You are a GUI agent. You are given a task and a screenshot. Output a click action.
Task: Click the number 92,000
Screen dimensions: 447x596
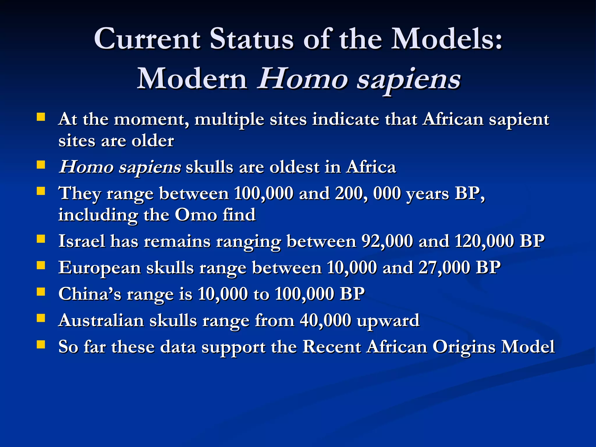coord(387,241)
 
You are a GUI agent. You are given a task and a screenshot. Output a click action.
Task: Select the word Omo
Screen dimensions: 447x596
coord(196,215)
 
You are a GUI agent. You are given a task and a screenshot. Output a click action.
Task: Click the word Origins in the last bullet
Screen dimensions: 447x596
coord(464,347)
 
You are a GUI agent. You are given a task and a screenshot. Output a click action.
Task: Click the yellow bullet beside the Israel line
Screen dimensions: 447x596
coord(41,239)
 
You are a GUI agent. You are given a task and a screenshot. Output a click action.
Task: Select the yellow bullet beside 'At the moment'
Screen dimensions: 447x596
coord(41,117)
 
